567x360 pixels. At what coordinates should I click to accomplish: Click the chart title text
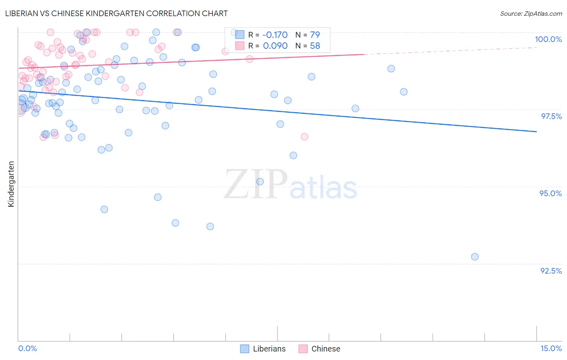[x=117, y=13]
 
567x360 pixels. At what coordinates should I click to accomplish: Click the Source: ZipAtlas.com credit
[x=531, y=13]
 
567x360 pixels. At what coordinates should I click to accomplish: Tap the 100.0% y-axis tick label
[x=548, y=39]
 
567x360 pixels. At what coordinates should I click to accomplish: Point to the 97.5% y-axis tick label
[x=551, y=116]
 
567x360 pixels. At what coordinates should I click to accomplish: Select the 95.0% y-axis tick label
[x=550, y=193]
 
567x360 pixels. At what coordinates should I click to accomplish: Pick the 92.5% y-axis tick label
[x=551, y=271]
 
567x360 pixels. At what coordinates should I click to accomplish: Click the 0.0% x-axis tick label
[x=27, y=348]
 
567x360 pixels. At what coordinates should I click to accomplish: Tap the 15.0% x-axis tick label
[x=551, y=348]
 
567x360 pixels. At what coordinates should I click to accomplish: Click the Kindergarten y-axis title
[x=11, y=184]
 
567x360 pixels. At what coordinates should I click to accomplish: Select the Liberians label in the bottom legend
[x=269, y=349]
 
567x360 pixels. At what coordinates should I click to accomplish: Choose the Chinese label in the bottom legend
[x=325, y=349]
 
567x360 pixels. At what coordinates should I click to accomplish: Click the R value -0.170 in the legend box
[x=275, y=35]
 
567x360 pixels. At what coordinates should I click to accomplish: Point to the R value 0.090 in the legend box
[x=275, y=46]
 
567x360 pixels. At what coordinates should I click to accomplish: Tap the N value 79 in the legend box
[x=315, y=35]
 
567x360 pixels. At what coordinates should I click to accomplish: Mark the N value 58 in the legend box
[x=315, y=46]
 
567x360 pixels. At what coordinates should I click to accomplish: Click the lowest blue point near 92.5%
[x=475, y=257]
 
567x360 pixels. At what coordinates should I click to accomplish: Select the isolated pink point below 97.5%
[x=304, y=137]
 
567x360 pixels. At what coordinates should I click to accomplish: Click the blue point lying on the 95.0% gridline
[x=260, y=182]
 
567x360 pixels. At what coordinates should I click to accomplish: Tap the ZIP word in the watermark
[x=255, y=185]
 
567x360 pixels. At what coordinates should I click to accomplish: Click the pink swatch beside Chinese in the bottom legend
[x=303, y=349]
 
